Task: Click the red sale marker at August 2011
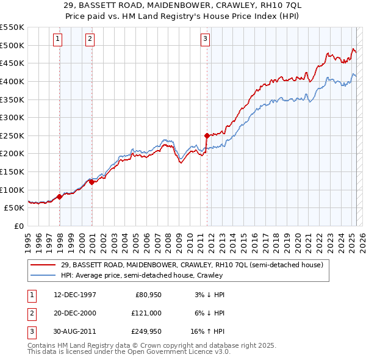pyautogui.click(x=207, y=135)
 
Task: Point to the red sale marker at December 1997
pyautogui.click(x=59, y=196)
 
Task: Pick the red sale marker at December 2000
pyautogui.click(x=91, y=182)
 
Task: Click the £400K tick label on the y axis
pyautogui.click(x=12, y=81)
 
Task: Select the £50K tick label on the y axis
pyautogui.click(x=15, y=208)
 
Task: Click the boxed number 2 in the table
pyautogui.click(x=30, y=312)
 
